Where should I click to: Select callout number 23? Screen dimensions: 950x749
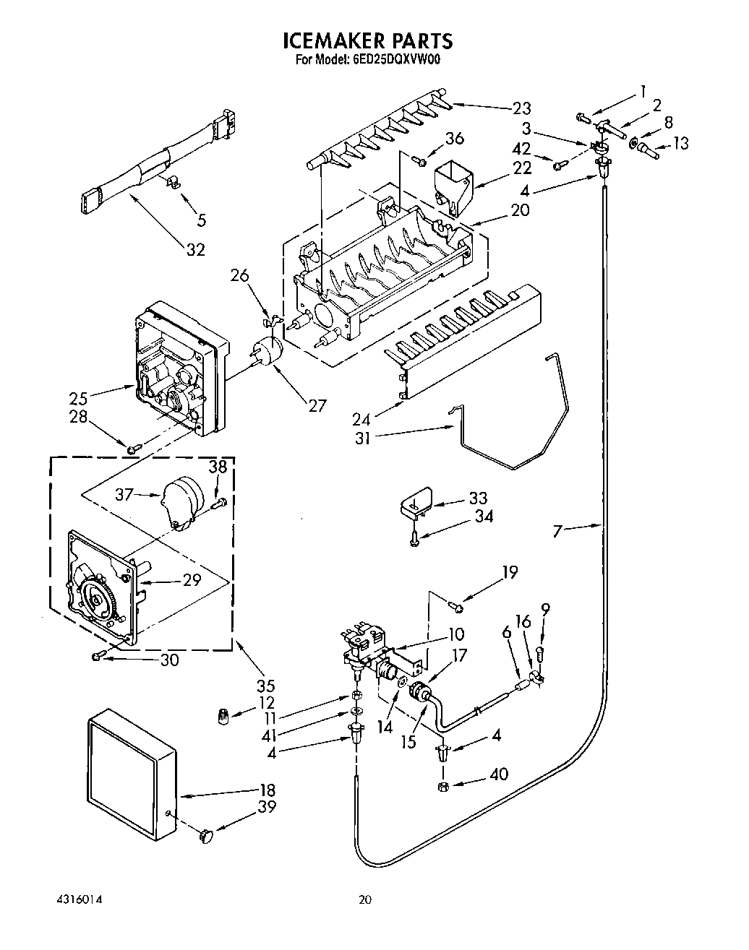pyautogui.click(x=521, y=108)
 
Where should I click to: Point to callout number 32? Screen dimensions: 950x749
pyautogui.click(x=196, y=250)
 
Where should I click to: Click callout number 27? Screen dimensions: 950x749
pyautogui.click(x=317, y=405)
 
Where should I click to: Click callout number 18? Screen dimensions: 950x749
pyautogui.click(x=267, y=790)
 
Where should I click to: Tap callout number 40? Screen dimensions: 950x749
pyautogui.click(x=499, y=774)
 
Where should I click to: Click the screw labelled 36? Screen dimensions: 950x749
pyautogui.click(x=420, y=160)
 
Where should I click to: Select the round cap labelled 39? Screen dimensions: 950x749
pyautogui.click(x=206, y=836)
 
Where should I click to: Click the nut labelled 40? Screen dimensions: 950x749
pyautogui.click(x=443, y=787)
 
